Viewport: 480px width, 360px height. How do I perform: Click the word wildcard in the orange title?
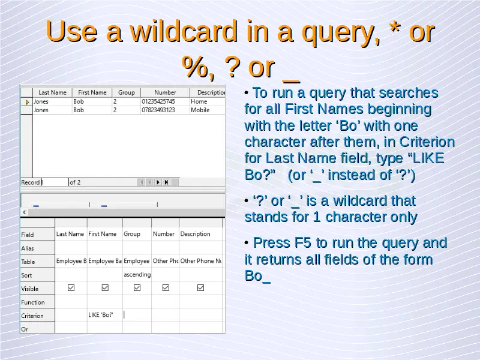pos(184,31)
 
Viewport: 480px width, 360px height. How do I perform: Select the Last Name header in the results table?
pos(52,92)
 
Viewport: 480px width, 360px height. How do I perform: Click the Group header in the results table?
pos(127,92)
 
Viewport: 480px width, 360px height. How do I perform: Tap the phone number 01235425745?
pos(158,101)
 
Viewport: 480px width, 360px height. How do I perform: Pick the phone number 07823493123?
pos(158,110)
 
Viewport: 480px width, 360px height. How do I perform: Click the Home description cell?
pos(199,101)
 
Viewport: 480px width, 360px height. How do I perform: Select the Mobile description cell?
pos(200,110)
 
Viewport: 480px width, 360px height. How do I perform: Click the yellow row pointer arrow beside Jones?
pos(27,102)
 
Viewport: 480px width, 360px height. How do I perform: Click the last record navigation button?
pos(167,182)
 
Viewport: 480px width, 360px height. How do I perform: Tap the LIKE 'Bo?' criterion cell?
pos(101,314)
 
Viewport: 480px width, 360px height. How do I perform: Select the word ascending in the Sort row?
pos(137,275)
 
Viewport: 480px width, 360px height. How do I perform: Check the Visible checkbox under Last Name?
pos(71,288)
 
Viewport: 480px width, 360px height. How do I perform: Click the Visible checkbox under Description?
pos(200,288)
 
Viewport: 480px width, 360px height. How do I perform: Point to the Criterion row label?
pos(32,316)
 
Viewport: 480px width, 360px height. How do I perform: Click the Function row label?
pos(33,302)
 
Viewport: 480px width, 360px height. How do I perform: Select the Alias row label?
pos(27,248)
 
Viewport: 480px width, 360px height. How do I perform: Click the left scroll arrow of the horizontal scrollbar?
pos(25,212)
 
